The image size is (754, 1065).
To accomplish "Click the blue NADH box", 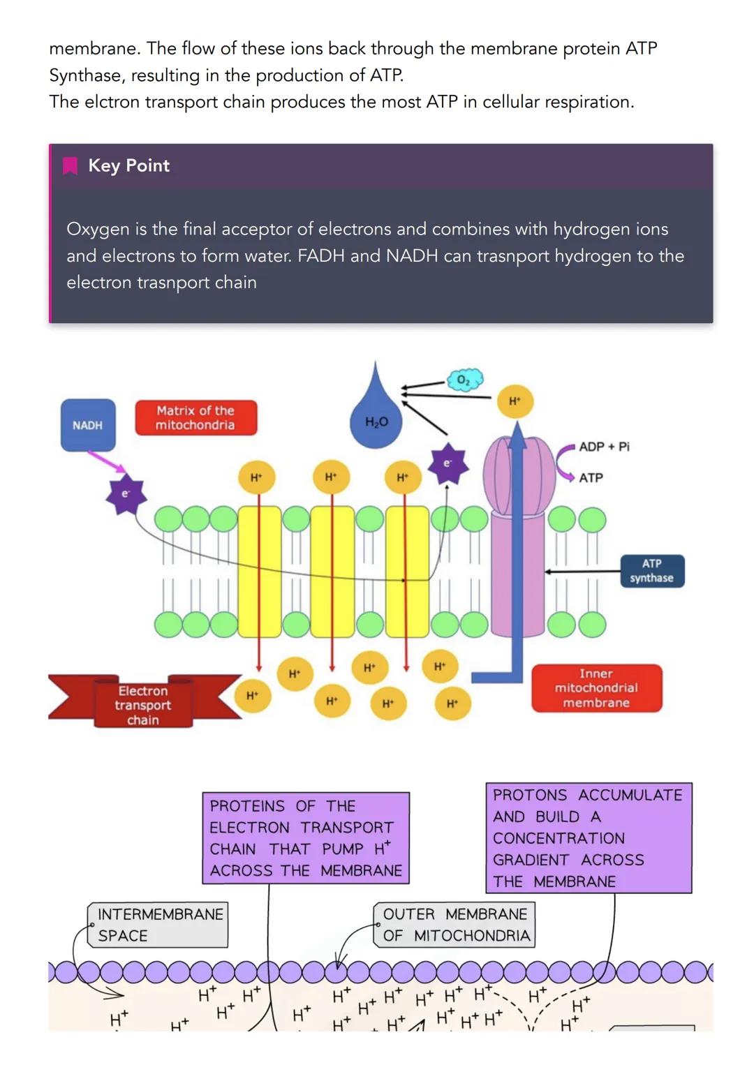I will point(88,425).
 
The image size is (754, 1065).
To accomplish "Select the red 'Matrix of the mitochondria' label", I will point(195,417).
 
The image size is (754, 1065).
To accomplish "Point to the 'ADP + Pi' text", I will point(604,447).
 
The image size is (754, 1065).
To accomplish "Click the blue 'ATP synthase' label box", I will point(651,571).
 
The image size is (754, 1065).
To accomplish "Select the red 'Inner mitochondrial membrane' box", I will point(596,688).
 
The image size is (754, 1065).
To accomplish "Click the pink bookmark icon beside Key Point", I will point(70,165).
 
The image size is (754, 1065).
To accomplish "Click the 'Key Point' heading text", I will point(128,165).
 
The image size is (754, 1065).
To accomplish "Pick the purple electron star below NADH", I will point(126,496).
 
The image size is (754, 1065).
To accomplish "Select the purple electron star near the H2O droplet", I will point(448,463).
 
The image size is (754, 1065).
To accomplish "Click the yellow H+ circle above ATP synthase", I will point(515,401).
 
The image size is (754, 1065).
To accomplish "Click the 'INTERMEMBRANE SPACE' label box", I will point(158,925).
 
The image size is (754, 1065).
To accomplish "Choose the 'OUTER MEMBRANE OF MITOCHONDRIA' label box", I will point(455,925).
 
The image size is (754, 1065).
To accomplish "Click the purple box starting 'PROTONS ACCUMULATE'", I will point(588,837).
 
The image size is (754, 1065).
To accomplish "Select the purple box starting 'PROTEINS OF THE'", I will point(306,837).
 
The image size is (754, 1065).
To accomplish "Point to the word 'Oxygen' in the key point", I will point(98,229).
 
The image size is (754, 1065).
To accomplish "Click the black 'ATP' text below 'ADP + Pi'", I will point(591,478).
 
